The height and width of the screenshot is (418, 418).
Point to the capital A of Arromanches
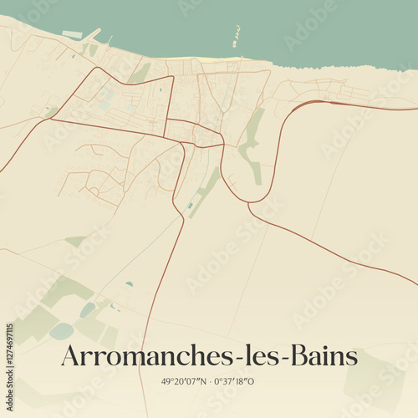pos(70,357)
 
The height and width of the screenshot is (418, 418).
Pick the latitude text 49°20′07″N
pos(183,382)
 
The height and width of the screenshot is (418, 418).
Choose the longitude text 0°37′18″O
pos(235,382)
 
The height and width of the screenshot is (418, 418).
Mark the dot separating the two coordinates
pos(209,382)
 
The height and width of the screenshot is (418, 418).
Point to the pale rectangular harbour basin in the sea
pos(72,35)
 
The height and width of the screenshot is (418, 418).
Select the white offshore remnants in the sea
pos(236,36)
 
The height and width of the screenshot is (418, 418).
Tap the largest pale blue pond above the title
pos(61,331)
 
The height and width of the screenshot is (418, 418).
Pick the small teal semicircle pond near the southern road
pos(130,284)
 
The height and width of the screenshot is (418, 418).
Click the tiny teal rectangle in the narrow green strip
pos(191,205)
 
